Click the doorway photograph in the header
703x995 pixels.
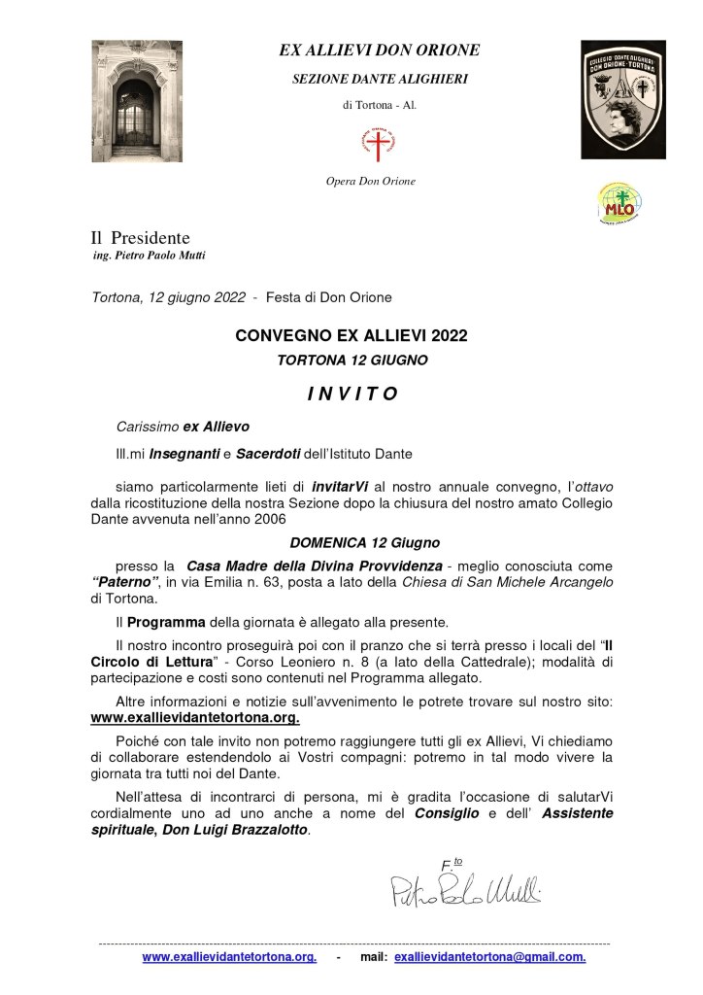(x=137, y=101)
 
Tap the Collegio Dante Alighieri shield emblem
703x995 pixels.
(x=622, y=99)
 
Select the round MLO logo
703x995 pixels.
(x=619, y=204)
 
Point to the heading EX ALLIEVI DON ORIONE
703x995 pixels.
(x=380, y=51)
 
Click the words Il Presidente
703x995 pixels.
(x=140, y=238)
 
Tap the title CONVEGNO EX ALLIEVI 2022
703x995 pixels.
(x=351, y=336)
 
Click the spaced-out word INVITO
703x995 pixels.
(x=351, y=394)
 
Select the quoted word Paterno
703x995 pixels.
(x=125, y=582)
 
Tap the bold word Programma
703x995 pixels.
(x=166, y=622)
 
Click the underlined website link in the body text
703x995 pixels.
(x=195, y=718)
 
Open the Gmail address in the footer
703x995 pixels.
(x=489, y=957)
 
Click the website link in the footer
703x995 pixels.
(x=229, y=957)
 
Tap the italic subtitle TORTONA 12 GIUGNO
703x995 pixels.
(x=351, y=360)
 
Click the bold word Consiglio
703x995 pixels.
(x=448, y=812)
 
